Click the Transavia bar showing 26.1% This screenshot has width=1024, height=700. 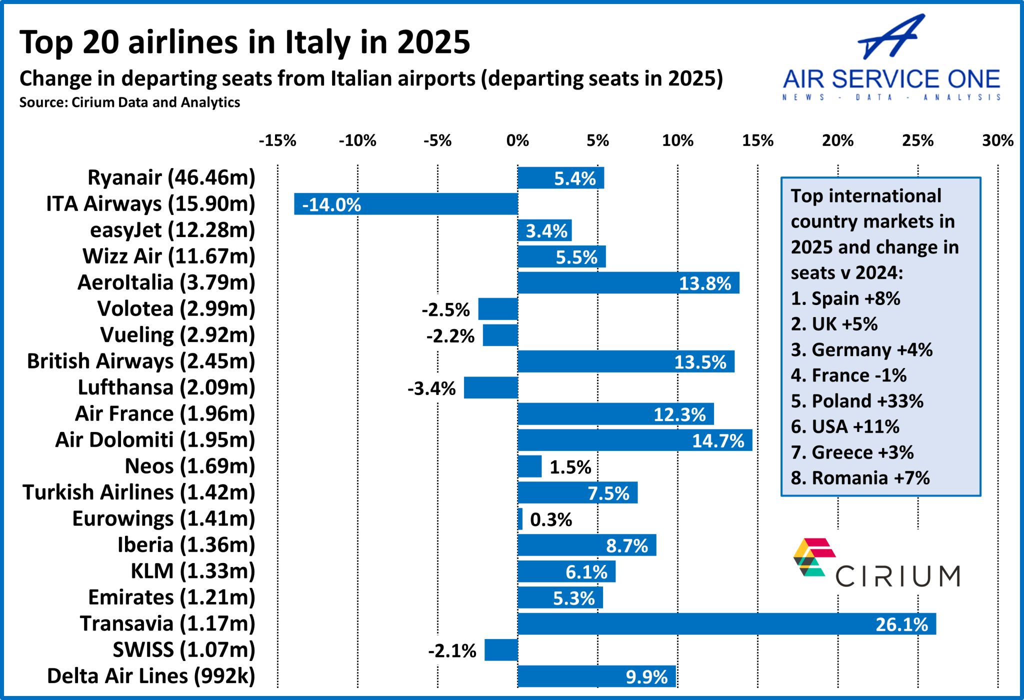(726, 623)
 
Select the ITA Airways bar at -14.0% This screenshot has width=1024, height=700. (405, 204)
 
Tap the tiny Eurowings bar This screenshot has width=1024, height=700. (520, 519)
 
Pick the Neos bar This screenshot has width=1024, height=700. (529, 466)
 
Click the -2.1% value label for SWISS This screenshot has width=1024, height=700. (452, 650)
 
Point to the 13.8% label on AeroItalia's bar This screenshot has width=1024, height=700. (704, 283)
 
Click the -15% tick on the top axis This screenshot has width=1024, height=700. (277, 140)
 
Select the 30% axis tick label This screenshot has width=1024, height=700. (997, 140)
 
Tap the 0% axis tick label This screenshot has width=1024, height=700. (517, 140)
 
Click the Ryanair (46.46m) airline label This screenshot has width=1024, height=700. (171, 177)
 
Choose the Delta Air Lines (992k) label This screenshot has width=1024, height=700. (151, 676)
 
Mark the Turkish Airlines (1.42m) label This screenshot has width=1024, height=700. (139, 492)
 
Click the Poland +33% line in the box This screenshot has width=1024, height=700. (857, 401)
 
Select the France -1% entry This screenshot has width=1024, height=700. (848, 375)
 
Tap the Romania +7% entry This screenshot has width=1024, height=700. (860, 478)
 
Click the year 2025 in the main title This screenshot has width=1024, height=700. (433, 42)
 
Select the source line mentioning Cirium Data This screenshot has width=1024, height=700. (129, 102)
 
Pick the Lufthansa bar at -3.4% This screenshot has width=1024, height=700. (490, 387)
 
